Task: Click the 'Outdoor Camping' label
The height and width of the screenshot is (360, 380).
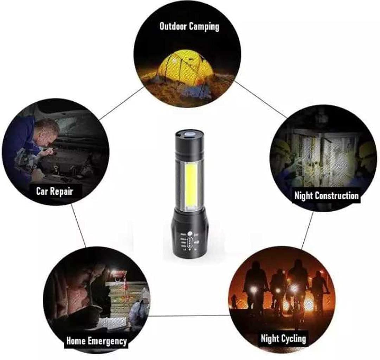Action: (189, 26)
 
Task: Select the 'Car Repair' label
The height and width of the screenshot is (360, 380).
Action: (54, 191)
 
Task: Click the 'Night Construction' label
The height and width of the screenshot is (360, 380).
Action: (327, 195)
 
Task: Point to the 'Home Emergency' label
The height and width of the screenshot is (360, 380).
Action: (96, 340)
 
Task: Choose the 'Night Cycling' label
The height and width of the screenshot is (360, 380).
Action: (283, 339)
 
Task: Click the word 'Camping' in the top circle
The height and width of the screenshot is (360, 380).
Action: (204, 26)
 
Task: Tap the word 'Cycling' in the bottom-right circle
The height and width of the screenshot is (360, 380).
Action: (293, 339)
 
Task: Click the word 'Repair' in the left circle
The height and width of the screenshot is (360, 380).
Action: (63, 191)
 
